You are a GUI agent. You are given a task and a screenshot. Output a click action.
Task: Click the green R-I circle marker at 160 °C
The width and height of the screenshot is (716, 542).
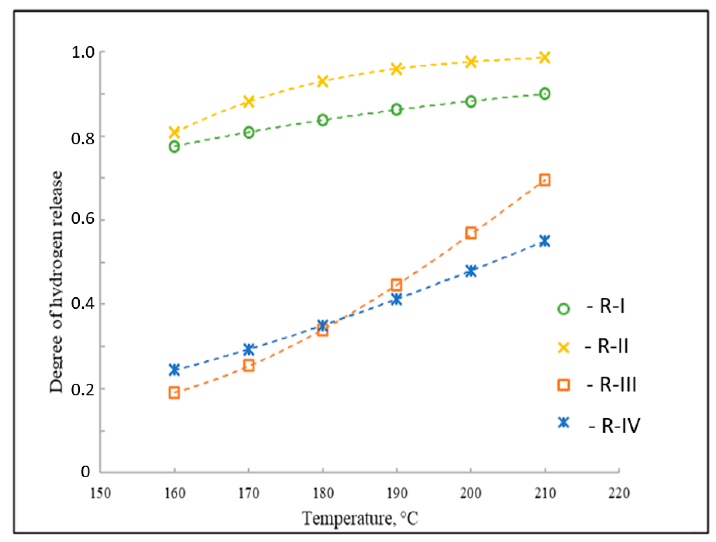pos(174,147)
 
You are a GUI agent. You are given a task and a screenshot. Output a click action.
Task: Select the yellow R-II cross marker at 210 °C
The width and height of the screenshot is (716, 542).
pos(545,58)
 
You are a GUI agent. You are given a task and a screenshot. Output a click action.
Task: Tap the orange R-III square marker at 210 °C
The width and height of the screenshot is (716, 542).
pos(545,180)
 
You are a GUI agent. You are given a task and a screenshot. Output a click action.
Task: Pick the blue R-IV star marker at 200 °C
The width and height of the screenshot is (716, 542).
pos(471,271)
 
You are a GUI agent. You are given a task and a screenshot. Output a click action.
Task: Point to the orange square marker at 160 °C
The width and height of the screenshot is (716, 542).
pos(174,393)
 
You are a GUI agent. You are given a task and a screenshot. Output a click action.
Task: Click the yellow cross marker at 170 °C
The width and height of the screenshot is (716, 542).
pos(248,101)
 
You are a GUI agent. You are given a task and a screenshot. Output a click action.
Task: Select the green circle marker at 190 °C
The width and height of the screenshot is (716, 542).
pos(397,109)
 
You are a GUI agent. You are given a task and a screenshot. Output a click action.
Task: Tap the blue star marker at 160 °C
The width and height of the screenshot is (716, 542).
pos(174,370)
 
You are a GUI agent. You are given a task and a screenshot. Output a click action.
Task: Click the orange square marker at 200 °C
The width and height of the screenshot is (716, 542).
pos(471,233)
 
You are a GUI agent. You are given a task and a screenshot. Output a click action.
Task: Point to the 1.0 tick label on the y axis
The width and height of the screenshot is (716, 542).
pos(83,53)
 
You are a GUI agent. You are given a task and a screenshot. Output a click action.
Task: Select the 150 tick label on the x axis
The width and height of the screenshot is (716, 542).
pos(100,493)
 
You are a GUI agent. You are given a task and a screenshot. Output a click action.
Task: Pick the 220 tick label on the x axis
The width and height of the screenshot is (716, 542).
pos(619,493)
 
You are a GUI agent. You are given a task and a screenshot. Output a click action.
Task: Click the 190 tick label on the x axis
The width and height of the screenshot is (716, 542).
pos(397,493)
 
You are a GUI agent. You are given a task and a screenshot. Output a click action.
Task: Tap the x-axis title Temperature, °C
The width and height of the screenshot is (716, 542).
pos(360,518)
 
